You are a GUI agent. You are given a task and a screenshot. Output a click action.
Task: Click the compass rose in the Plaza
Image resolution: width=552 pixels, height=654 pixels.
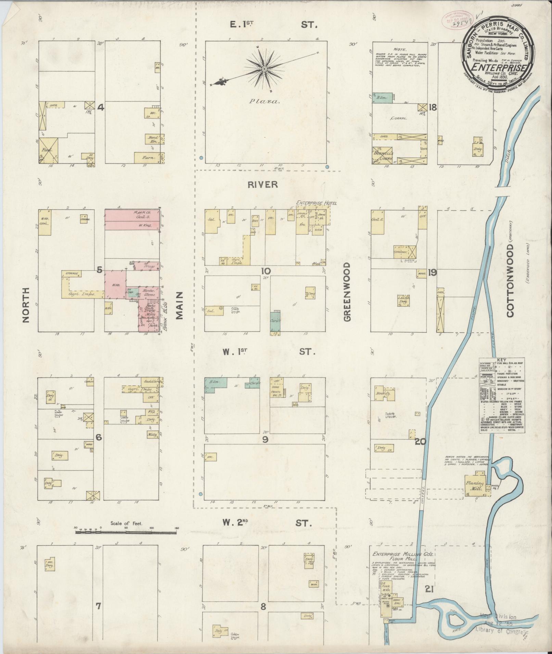click(x=264, y=69)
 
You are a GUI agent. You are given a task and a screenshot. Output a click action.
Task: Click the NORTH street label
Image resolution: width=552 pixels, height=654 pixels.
click(x=26, y=305)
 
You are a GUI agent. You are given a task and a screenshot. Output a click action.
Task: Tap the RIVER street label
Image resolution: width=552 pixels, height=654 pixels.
click(x=263, y=185)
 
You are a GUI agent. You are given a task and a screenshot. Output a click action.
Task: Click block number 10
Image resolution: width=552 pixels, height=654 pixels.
click(x=266, y=271)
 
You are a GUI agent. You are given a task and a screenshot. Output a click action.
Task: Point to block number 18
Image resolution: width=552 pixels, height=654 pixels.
click(x=433, y=108)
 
